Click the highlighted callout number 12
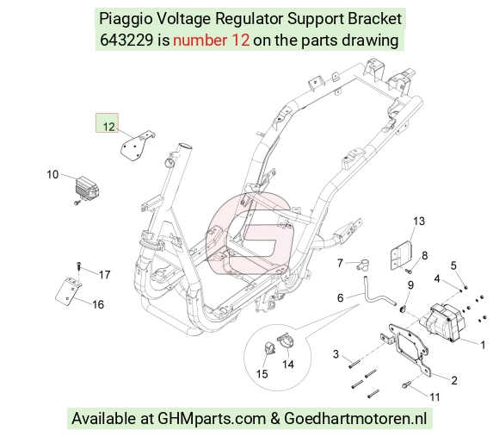coord(108,127)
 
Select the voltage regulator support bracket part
coord(137,146)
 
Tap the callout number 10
coord(52,174)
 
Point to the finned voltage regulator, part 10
coord(87,189)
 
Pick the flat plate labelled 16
coord(69,292)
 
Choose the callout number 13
coord(419,221)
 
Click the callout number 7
coord(340,263)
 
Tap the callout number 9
coord(410,285)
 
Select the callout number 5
coord(453,265)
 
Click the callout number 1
coord(483,345)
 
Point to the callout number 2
coord(454,380)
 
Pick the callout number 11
coord(434,396)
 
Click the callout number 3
coord(336,353)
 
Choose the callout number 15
coord(262,373)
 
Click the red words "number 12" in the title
coord(212,41)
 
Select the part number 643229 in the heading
coord(126,41)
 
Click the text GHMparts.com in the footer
coord(212,419)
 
